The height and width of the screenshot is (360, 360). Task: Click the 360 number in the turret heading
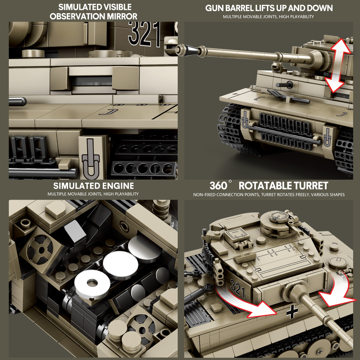coord(219,186)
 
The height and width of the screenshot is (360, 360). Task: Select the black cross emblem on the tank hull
coord(292,313)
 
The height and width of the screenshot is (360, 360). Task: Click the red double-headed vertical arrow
coord(339,65)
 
